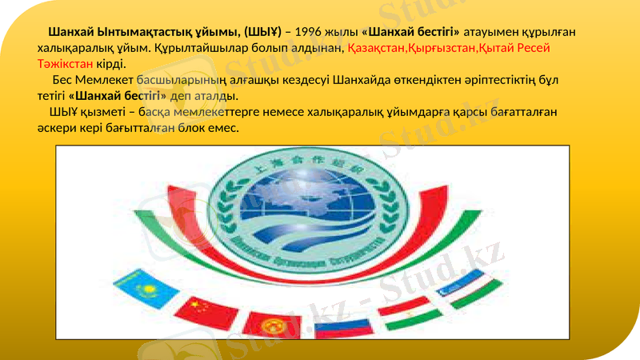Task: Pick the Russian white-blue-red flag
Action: (x=342, y=326)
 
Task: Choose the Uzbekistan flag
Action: (x=472, y=285)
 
